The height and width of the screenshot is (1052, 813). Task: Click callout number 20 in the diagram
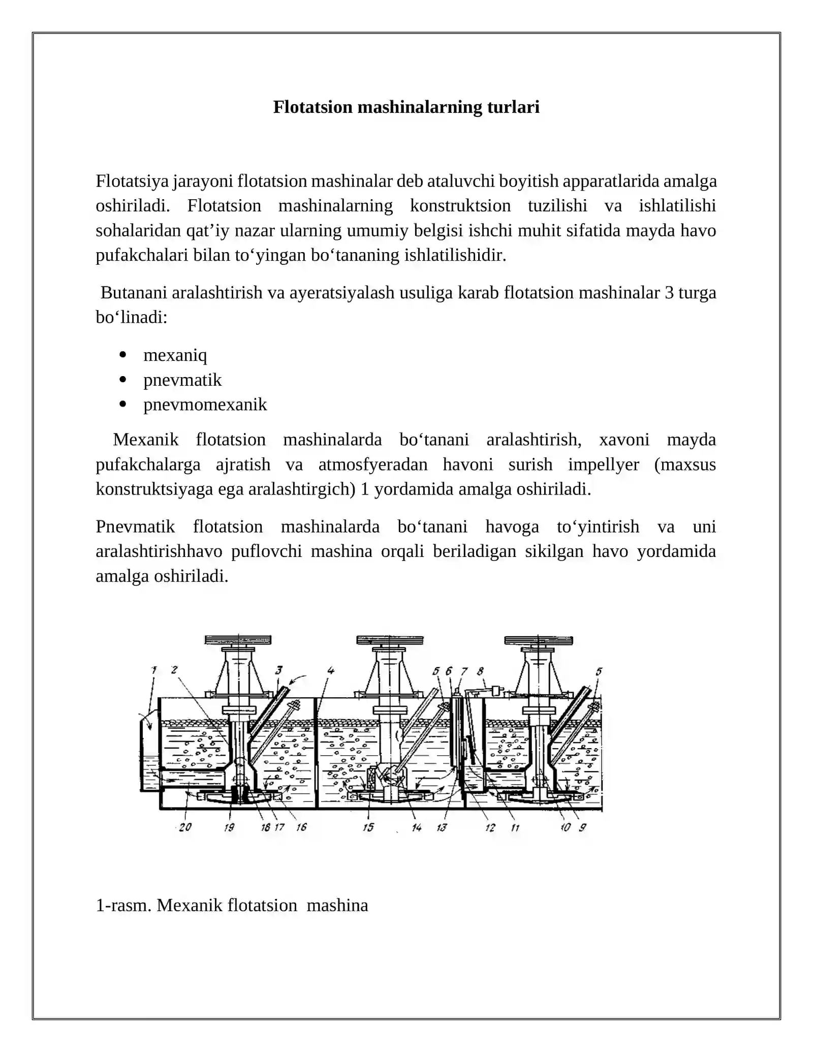(185, 827)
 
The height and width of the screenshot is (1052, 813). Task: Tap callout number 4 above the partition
(331, 670)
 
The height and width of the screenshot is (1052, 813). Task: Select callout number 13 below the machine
(442, 827)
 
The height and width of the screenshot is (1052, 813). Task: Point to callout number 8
(480, 671)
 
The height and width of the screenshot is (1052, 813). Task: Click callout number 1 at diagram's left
(154, 670)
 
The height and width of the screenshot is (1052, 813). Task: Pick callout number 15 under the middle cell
(368, 827)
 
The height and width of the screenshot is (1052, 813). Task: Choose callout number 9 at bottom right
(582, 827)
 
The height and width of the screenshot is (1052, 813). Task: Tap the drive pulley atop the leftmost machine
(238, 640)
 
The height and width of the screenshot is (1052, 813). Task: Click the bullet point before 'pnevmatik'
(122, 380)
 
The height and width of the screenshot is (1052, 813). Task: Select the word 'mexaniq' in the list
(175, 355)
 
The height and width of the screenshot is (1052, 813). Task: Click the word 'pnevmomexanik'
(205, 405)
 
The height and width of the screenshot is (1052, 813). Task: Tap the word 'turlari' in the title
(513, 107)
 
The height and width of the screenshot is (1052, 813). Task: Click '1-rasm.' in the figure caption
(123, 905)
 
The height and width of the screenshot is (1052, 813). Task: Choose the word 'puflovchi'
(266, 551)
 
